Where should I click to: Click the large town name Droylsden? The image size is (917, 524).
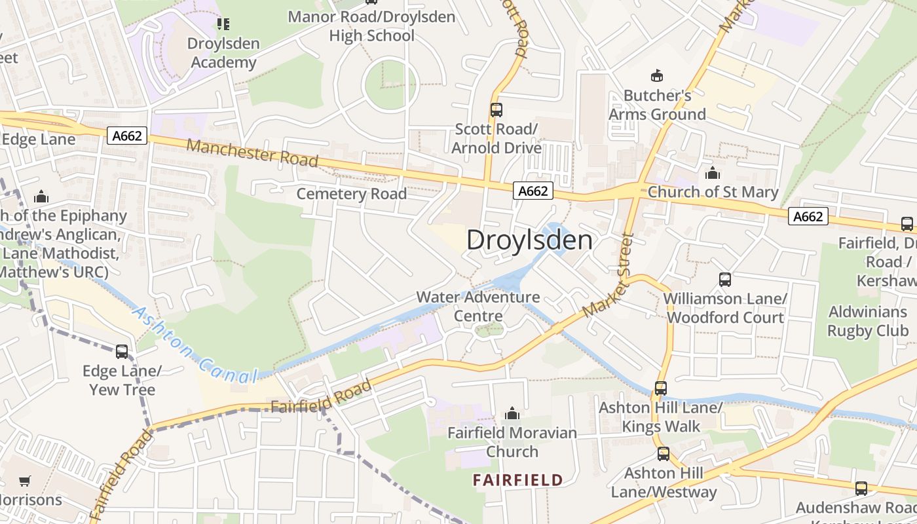[529, 240]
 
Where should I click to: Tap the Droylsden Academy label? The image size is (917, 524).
[223, 53]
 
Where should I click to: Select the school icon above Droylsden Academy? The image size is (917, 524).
[223, 24]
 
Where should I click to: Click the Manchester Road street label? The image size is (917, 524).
[252, 153]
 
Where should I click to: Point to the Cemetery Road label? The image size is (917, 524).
[352, 194]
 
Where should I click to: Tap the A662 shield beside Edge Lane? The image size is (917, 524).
[127, 136]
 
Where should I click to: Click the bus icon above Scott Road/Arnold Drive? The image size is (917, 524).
[496, 109]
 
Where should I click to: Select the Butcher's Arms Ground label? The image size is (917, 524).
[657, 105]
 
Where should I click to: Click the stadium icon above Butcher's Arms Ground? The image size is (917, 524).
[656, 76]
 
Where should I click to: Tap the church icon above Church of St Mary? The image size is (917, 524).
[712, 174]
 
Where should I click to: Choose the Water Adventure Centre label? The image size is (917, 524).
[478, 307]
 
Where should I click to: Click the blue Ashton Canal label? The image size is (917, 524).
[194, 345]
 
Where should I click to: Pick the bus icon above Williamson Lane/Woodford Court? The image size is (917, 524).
[725, 280]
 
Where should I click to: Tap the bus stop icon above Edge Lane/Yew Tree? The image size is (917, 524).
[122, 352]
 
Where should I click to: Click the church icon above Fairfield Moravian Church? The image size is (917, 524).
[512, 413]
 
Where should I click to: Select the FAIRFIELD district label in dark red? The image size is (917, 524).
[517, 480]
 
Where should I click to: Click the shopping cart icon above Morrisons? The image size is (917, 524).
[25, 481]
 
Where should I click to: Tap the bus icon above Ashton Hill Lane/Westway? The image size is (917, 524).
[664, 454]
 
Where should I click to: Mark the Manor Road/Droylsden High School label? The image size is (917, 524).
[371, 26]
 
